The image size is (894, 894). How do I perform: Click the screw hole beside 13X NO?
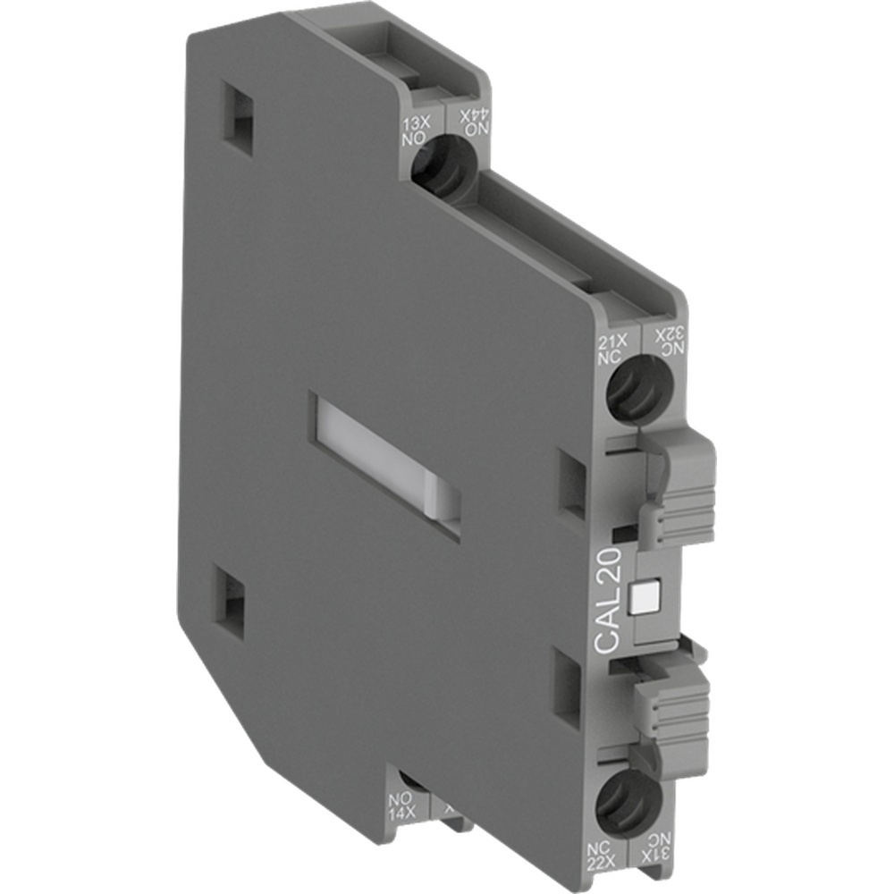pos(443,171)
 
